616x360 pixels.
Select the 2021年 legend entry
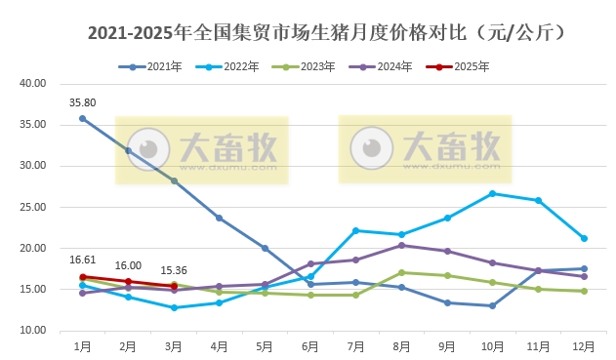pyautogui.click(x=157, y=66)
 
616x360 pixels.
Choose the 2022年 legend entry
pyautogui.click(x=233, y=66)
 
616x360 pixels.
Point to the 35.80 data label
pyautogui.click(x=82, y=101)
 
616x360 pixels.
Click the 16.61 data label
pyautogui.click(x=82, y=260)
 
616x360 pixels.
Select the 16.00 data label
pyautogui.click(x=128, y=265)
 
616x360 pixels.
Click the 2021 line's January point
pyautogui.click(x=82, y=118)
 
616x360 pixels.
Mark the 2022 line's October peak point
pyautogui.click(x=492, y=193)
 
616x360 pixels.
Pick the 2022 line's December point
pyautogui.click(x=584, y=238)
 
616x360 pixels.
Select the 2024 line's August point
pyautogui.click(x=401, y=245)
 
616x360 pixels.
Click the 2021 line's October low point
pyautogui.click(x=492, y=305)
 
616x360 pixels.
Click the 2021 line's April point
pyautogui.click(x=219, y=218)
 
